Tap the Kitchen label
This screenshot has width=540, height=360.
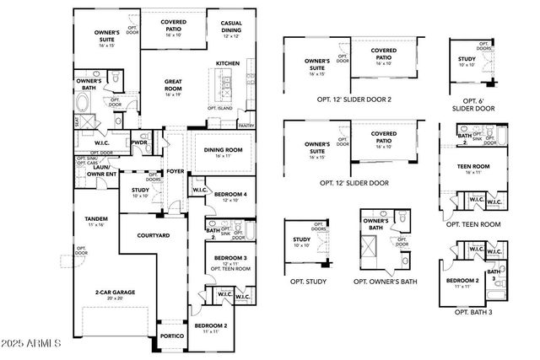pos(228,63)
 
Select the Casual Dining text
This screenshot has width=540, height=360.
pos(231,26)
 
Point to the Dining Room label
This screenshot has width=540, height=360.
pos(223,150)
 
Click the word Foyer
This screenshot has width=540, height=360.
pos(175,171)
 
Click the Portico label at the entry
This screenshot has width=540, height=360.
pos(172,335)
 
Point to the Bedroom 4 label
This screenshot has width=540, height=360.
pos(230,195)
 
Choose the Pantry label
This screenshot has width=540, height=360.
pos(246,126)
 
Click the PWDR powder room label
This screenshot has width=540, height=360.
pos(140,142)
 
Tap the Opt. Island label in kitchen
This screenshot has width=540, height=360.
pos(221,108)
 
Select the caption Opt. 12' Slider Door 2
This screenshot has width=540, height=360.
pos(354,99)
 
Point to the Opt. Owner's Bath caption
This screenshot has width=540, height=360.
pos(385,281)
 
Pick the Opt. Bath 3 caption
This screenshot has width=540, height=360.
pos(473,312)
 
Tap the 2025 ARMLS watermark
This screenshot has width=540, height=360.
pos(32,345)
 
